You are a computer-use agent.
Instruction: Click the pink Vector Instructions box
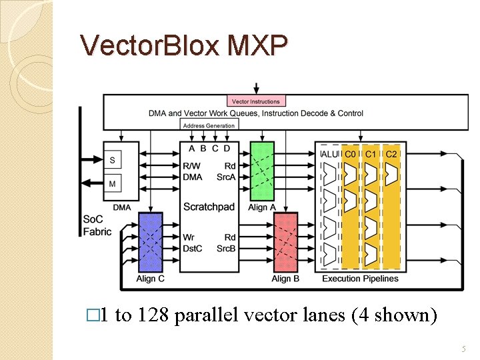(x=257, y=101)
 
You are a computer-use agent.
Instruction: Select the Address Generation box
(x=209, y=125)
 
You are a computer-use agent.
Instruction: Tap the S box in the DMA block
(x=112, y=160)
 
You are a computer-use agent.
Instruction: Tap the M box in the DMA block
(x=112, y=183)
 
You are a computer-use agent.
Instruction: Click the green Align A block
(x=261, y=171)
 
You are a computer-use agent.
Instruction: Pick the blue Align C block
(x=150, y=242)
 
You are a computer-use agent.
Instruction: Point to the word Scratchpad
(x=209, y=207)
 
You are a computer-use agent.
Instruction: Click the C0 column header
(x=350, y=155)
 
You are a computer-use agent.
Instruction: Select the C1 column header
(x=371, y=155)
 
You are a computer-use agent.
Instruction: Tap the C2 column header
(x=391, y=155)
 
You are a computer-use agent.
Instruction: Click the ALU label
(x=330, y=155)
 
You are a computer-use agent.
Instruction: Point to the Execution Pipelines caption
(x=360, y=279)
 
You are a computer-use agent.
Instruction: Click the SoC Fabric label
(x=97, y=225)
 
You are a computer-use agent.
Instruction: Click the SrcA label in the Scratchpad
(x=226, y=177)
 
